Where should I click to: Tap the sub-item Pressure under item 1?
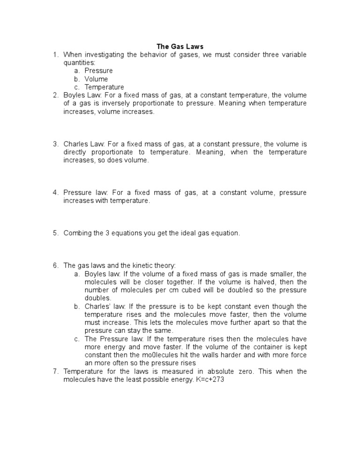[x=98, y=71]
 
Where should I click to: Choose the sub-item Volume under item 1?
[x=96, y=79]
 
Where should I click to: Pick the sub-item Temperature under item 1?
[x=104, y=87]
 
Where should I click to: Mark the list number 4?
[x=55, y=193]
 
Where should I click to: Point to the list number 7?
[x=55, y=371]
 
